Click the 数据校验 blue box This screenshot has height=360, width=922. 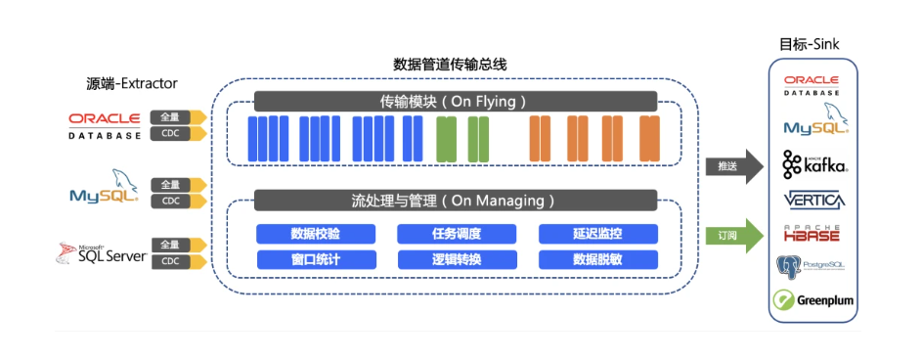pos(316,234)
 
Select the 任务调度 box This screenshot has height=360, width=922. pos(457,234)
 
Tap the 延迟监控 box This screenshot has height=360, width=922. pos(597,234)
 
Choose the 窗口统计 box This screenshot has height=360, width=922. pos(316,259)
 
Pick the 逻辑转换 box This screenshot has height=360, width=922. pos(457,259)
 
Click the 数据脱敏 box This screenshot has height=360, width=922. pos(597,259)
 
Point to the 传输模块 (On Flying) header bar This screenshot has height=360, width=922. pos(455,101)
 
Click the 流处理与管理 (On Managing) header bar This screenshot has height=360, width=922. pos(455,201)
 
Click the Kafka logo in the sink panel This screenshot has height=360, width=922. pos(813,165)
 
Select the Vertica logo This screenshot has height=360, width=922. pos(813,200)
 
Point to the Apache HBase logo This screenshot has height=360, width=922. pos(813,232)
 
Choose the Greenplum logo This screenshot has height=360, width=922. pos(813,299)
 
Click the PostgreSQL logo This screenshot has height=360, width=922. pos(812,265)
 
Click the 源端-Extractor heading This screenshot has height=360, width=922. pos(132,83)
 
